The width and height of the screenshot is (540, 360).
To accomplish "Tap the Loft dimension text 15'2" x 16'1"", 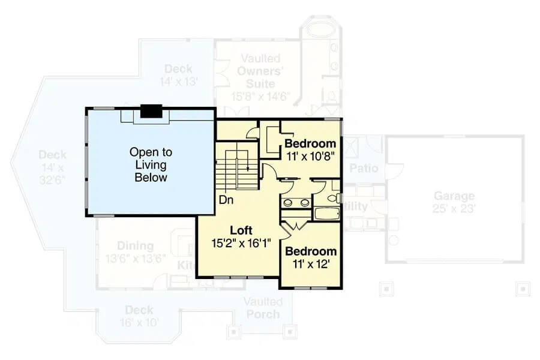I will (x=242, y=243).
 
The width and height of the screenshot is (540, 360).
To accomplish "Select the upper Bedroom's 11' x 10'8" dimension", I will (x=310, y=155).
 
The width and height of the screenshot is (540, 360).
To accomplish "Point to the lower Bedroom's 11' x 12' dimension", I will (x=310, y=263).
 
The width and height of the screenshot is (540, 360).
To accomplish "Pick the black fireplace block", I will (x=151, y=112).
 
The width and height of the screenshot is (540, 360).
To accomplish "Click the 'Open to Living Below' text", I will (x=151, y=165).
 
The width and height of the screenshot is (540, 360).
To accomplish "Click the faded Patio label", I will (x=364, y=168).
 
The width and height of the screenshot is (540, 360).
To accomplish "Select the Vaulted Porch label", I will (x=263, y=308).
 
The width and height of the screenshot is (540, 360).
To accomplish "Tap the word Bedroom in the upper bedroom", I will (x=310, y=143).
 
